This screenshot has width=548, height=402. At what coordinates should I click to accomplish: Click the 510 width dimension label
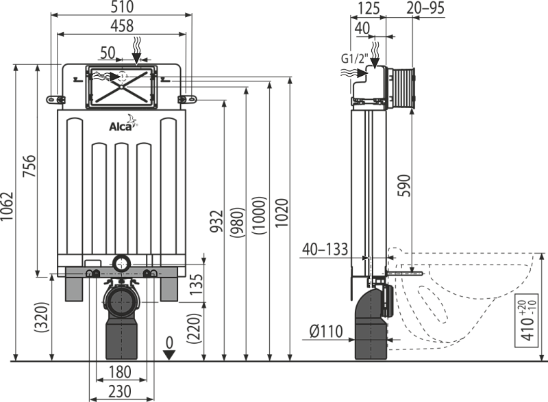pos(122,7)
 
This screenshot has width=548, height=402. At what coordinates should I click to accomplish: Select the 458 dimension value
pos(122,26)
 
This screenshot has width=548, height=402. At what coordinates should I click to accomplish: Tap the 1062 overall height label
pos(7,206)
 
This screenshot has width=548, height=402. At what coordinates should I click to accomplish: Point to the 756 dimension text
pos(29,165)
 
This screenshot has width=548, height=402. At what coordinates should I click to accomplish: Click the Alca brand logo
pos(123,123)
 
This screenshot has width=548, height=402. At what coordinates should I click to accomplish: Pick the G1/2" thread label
pos(354,58)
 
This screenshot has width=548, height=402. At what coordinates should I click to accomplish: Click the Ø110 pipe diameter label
pos(326,331)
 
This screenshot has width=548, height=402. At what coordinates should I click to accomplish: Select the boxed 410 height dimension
pos(526,321)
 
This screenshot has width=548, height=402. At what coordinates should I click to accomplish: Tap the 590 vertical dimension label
pos(404,185)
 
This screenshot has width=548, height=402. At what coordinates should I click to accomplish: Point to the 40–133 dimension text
pos(325,250)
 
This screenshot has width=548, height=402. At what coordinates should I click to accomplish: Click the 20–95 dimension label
pos(425,8)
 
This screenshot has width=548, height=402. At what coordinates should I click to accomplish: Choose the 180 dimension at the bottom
pos(119,372)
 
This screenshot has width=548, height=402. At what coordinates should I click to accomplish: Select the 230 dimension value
pos(119,391)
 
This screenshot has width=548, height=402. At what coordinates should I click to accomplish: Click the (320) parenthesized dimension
pos(42,317)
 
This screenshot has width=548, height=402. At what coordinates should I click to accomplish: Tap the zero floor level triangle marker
pos(169,355)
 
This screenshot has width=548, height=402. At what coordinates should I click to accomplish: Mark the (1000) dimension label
pos(260,215)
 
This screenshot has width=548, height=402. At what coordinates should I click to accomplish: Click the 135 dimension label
pos(197,284)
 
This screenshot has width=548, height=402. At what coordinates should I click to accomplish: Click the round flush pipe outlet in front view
pos(122,263)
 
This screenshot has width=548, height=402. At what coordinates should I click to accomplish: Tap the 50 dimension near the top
pos(108,53)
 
